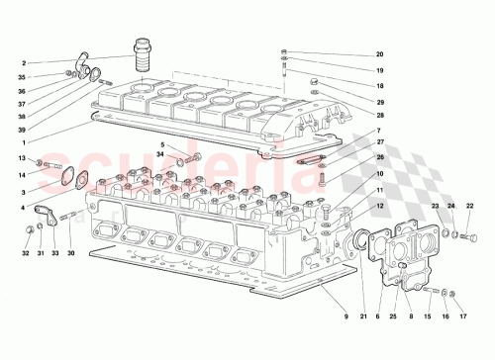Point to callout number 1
pyautogui.click(x=22, y=142)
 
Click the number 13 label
pyautogui.click(x=22, y=158)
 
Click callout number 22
pyautogui.click(x=469, y=205)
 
